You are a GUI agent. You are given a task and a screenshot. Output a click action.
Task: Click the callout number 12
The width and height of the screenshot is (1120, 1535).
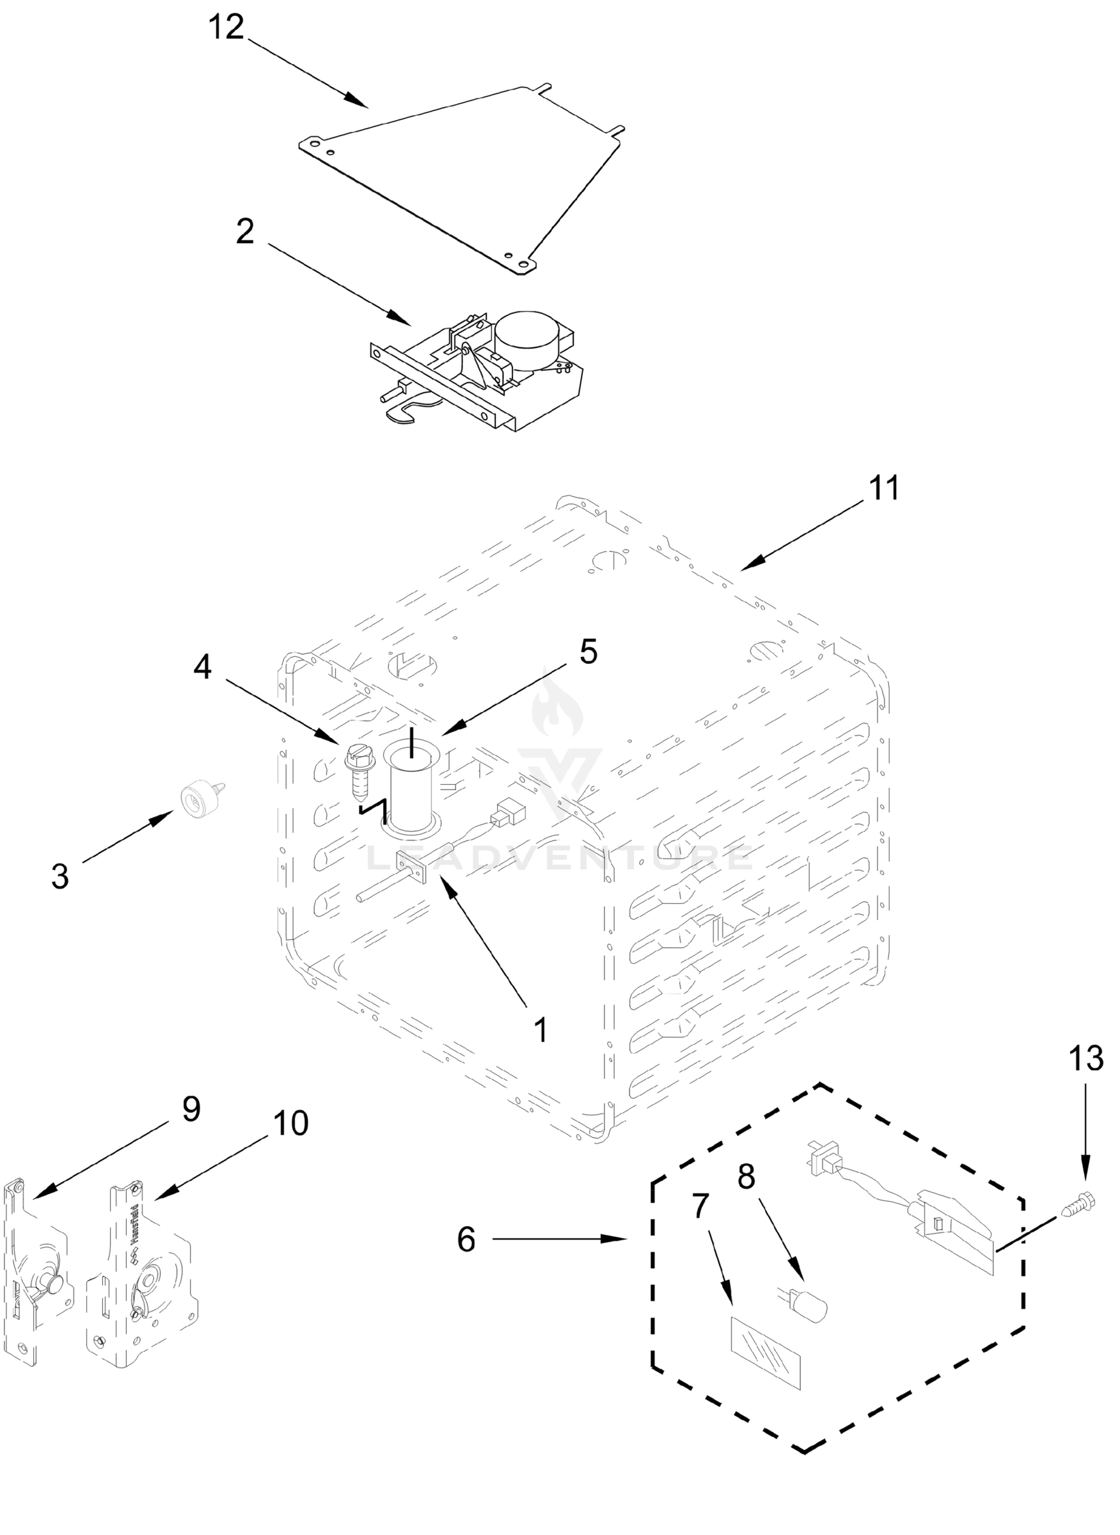point(226,29)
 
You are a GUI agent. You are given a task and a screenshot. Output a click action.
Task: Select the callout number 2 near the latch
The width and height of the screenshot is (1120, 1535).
point(245,232)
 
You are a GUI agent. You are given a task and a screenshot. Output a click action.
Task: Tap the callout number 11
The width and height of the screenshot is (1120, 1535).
point(884,488)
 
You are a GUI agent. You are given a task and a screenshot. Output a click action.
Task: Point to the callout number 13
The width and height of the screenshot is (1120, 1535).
point(1085,1059)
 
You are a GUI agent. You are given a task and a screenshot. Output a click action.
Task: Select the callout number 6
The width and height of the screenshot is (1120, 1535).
point(466,1240)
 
